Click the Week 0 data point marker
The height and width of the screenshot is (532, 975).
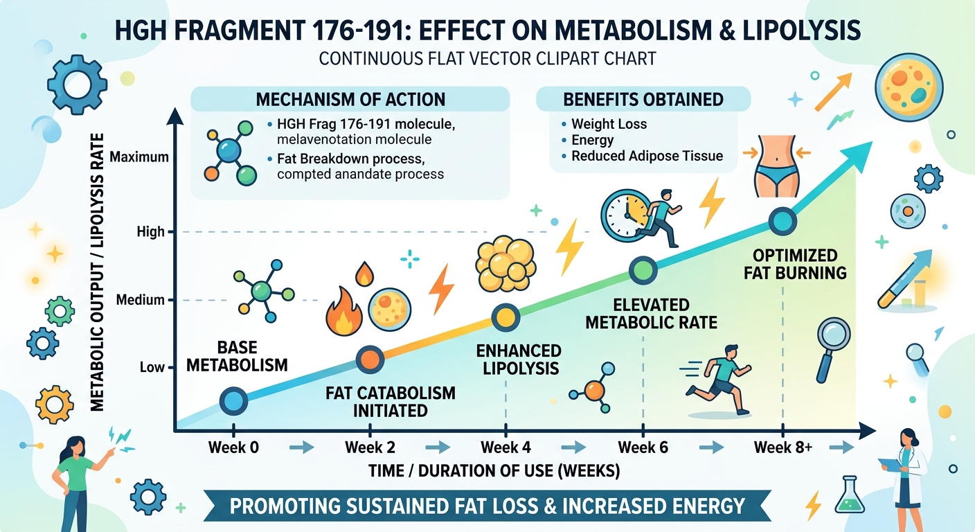[233, 400]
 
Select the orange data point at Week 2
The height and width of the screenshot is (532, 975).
[370, 358]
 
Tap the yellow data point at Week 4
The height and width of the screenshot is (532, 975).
[506, 317]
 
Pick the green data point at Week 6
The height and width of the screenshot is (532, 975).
[642, 269]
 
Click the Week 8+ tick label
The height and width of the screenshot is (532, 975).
[782, 447]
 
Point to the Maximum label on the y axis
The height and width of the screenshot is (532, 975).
[138, 157]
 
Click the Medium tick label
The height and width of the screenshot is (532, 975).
[141, 300]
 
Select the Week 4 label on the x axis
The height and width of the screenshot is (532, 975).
[506, 447]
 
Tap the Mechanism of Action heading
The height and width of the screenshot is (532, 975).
[350, 99]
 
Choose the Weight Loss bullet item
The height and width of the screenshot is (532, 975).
[609, 125]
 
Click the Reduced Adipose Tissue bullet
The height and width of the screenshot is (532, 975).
[647, 157]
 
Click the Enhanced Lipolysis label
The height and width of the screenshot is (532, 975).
[518, 358]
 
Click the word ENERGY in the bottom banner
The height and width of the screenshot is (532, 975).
[692, 506]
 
